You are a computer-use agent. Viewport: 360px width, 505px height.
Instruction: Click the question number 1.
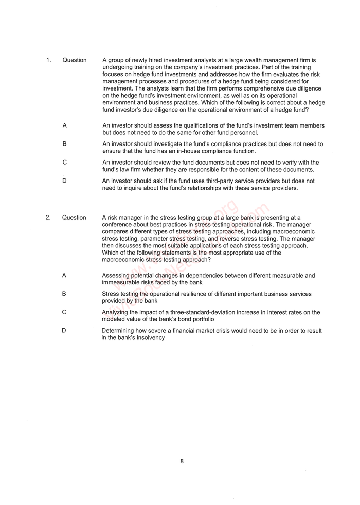coord(48,60)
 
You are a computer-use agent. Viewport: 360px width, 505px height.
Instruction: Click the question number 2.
coord(48,218)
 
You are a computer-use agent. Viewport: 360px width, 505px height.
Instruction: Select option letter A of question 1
coord(65,125)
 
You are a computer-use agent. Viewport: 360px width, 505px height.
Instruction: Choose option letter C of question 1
coord(65,163)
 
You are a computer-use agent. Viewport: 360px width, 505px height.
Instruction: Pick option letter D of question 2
coord(64,331)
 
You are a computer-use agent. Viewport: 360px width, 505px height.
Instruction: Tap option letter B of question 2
coord(64,294)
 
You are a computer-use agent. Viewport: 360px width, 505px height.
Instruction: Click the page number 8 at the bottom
coord(182,461)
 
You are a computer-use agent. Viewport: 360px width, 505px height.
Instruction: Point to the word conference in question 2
coord(118,225)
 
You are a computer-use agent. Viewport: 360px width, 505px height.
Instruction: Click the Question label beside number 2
coord(74,218)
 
